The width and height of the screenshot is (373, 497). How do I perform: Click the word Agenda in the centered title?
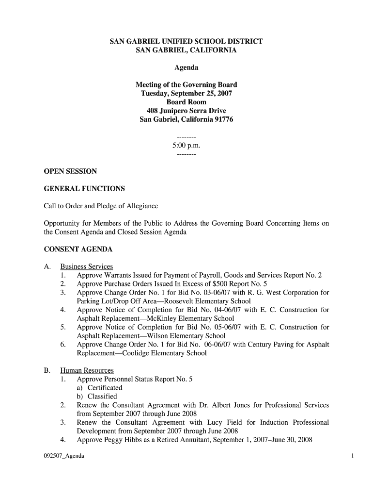tap(186, 67)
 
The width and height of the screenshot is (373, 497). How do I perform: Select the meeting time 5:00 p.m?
tap(186, 145)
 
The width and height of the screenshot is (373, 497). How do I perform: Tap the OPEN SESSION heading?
tap(70, 171)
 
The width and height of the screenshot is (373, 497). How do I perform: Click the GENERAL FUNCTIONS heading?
tap(84, 188)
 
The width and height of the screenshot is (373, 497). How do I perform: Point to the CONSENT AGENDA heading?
tap(78, 249)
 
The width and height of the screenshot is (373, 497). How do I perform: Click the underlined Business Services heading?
tap(86, 266)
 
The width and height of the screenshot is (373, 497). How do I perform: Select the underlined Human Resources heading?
tap(87, 370)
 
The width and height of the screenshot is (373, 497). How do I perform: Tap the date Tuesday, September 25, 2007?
tap(186, 93)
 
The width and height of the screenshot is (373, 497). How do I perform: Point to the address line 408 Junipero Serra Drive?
tap(186, 111)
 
